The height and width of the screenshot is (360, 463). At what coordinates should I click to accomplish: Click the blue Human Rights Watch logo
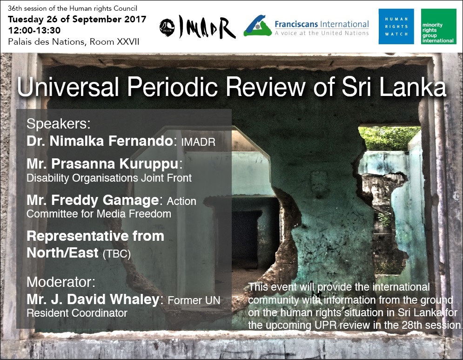pyautogui.click(x=396, y=27)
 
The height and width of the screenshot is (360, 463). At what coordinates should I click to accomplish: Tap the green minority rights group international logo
pyautogui.click(x=438, y=27)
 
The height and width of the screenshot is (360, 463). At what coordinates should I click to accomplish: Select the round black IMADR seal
pyautogui.click(x=167, y=28)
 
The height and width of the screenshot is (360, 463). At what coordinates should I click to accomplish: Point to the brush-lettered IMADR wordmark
pyautogui.click(x=207, y=27)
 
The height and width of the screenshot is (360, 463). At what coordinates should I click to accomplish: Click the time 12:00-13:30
pyautogui.click(x=34, y=30)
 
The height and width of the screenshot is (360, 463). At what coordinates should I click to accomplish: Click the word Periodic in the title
pyautogui.click(x=173, y=87)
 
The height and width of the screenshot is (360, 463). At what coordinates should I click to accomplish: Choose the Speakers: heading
pyautogui.click(x=59, y=124)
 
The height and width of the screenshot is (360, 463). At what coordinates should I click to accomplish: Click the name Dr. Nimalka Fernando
pyautogui.click(x=100, y=141)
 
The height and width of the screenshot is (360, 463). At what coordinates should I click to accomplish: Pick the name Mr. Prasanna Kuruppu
pyautogui.click(x=102, y=164)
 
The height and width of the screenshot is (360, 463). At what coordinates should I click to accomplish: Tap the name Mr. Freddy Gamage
pyautogui.click(x=93, y=200)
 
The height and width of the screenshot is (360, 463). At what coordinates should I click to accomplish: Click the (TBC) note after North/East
pyautogui.click(x=117, y=254)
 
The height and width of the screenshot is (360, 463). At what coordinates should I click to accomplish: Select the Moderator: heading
pyautogui.click(x=61, y=282)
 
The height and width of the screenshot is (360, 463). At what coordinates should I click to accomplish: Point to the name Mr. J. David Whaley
pyautogui.click(x=93, y=299)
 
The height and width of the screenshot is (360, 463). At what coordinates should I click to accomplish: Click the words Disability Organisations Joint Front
pyautogui.click(x=109, y=178)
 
